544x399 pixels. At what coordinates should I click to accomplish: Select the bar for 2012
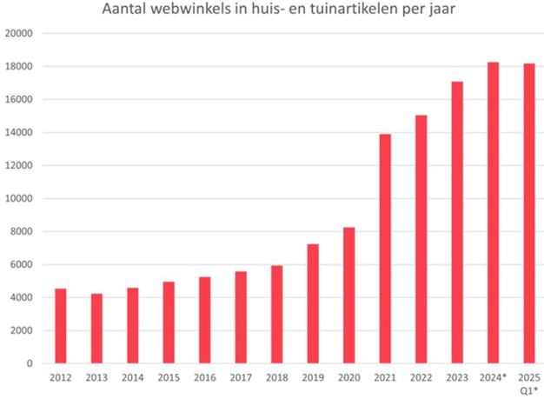click(x=61, y=326)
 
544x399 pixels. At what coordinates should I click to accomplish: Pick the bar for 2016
click(x=205, y=320)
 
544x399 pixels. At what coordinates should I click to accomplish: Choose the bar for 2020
click(x=348, y=296)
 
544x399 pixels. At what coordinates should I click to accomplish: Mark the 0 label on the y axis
click(x=29, y=363)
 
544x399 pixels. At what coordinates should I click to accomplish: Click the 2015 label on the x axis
click(x=169, y=378)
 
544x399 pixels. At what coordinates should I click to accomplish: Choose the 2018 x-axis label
click(x=276, y=378)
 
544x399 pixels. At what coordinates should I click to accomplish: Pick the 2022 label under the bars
click(x=421, y=378)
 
